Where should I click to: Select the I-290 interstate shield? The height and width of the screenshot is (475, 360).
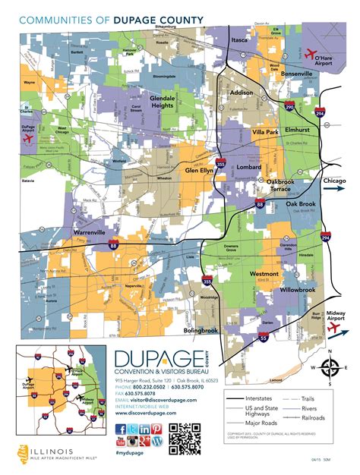[290, 107]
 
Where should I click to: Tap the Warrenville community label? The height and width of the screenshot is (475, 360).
[90, 231]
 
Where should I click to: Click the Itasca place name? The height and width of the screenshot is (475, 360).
[240, 39]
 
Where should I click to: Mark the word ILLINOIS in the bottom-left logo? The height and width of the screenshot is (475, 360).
[47, 451]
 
